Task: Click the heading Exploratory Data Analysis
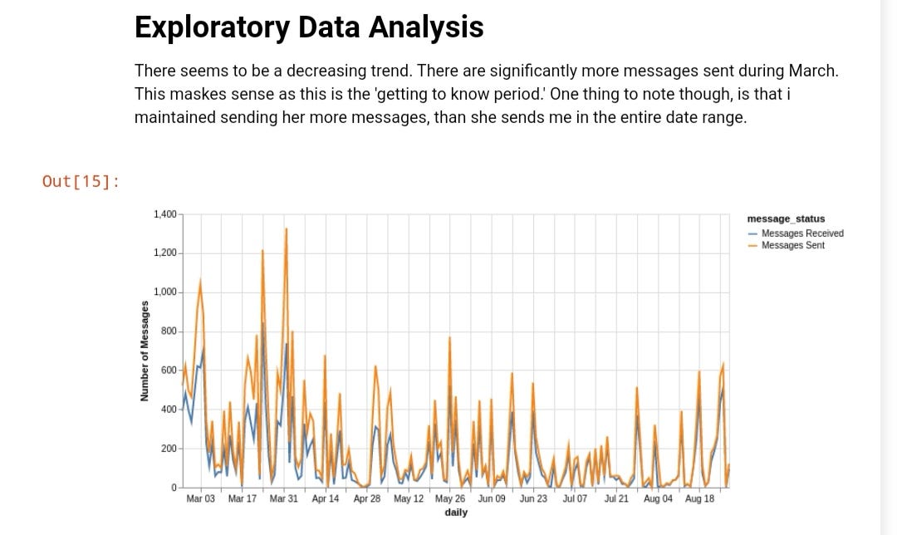click(308, 27)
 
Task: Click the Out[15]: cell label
click(81, 181)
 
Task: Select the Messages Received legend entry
click(801, 233)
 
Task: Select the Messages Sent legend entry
click(792, 245)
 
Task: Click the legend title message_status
click(786, 219)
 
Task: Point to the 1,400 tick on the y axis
click(165, 214)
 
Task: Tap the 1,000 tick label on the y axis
click(165, 292)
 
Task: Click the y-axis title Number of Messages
click(145, 351)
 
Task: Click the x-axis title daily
click(456, 513)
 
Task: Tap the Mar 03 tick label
click(200, 498)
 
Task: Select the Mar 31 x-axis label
click(283, 498)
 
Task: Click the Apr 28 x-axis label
click(366, 498)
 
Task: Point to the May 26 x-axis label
click(450, 498)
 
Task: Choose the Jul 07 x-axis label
click(575, 498)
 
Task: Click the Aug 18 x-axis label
click(699, 498)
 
